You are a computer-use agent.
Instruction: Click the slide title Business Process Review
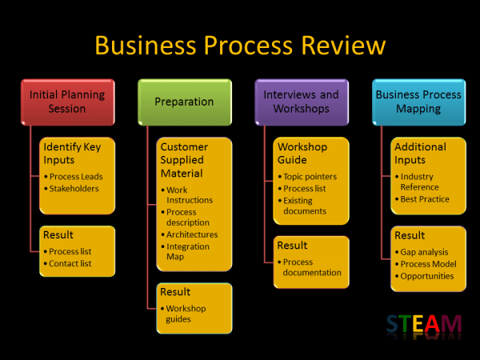[x=240, y=44]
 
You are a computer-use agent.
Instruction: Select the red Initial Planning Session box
[x=66, y=102]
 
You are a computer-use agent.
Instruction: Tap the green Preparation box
[x=184, y=102]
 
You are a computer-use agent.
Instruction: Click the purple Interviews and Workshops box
[x=301, y=102]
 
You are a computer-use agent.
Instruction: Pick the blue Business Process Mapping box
[x=418, y=102]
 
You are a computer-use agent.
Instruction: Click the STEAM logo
[x=424, y=324]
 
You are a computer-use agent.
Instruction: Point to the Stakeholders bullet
[x=74, y=189]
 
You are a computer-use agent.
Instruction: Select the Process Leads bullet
[x=76, y=177]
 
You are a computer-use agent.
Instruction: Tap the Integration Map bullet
[x=190, y=251]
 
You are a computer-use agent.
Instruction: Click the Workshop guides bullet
[x=186, y=314]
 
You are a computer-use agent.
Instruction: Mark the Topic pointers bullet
[x=310, y=177]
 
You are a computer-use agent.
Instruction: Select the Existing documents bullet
[x=305, y=206]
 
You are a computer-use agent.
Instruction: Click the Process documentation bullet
[x=312, y=267]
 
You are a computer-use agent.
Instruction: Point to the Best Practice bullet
[x=425, y=199]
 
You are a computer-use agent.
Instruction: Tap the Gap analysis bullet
[x=424, y=252]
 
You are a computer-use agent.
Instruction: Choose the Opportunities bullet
[x=426, y=276]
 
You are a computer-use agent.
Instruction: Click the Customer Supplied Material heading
[x=184, y=160]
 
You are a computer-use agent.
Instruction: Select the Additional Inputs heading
[x=420, y=154]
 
